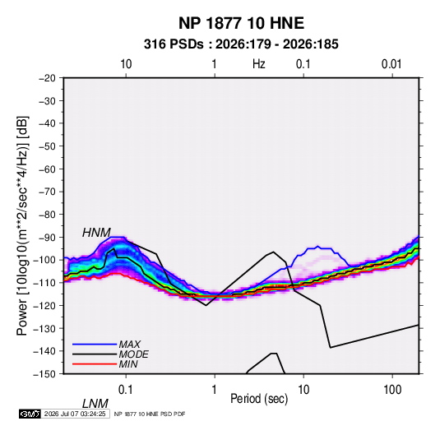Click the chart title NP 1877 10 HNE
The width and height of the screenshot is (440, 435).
coord(241,23)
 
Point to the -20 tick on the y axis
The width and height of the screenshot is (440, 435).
coord(47,78)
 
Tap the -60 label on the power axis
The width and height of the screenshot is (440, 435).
coord(47,169)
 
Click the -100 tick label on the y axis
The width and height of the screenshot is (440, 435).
coord(45,260)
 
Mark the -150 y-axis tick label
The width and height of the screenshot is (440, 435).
coord(45,374)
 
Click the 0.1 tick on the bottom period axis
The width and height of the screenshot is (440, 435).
coord(125,390)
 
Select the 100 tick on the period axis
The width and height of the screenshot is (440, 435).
coord(392,390)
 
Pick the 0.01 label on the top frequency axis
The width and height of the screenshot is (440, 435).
coord(391,64)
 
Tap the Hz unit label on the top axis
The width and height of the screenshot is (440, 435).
coord(259,64)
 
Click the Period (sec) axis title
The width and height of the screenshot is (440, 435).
coord(259,399)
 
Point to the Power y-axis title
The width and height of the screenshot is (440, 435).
coord(22,225)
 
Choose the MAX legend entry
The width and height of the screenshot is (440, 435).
coord(129,344)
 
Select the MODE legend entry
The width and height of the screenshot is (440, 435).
coord(133,354)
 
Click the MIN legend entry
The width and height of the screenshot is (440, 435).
coord(128,364)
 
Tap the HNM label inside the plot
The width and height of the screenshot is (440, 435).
coord(96,233)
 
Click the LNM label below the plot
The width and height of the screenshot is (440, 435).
coord(95,404)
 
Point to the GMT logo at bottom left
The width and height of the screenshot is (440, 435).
coord(30,414)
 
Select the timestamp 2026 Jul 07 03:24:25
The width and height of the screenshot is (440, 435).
coord(75,414)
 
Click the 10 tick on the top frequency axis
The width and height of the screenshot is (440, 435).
coord(126,64)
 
